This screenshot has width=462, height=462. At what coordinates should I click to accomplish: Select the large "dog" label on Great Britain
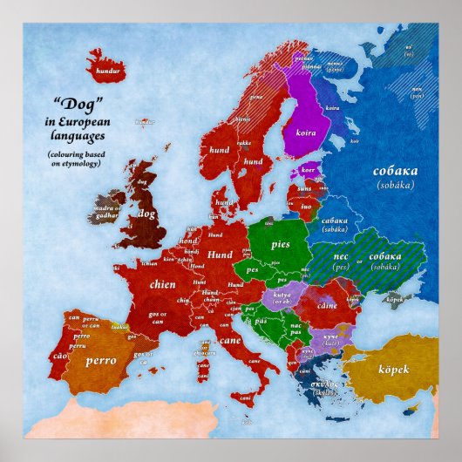coord(145,212)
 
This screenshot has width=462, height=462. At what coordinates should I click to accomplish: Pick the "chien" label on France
coord(162,283)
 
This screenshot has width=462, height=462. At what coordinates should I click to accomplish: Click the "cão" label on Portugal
coord(59,356)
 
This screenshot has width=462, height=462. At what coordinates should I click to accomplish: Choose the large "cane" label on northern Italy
coord(230,340)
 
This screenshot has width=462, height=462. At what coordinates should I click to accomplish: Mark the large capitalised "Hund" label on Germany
coord(219,255)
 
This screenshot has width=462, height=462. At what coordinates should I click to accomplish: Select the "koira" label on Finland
coord(307,124)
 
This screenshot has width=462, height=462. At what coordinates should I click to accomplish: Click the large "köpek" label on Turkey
coord(393,367)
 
